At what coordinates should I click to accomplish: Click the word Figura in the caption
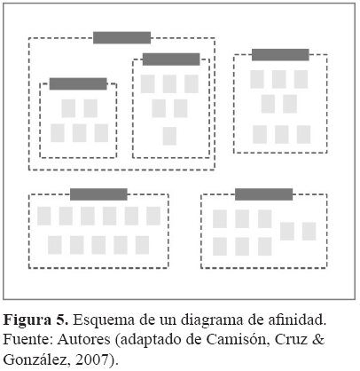pyautogui.click(x=27, y=320)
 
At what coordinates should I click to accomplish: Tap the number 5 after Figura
pyautogui.click(x=61, y=320)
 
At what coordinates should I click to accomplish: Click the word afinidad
pyautogui.click(x=296, y=320)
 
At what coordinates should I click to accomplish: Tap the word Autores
pyautogui.click(x=83, y=339)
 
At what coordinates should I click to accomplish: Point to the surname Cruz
pyautogui.click(x=291, y=339)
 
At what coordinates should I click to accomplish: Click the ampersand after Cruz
pyautogui.click(x=318, y=339)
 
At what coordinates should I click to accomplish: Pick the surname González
pyautogui.click(x=37, y=359)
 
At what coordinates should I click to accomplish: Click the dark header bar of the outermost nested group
pyautogui.click(x=122, y=38)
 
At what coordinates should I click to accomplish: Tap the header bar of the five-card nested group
pyautogui.click(x=78, y=83)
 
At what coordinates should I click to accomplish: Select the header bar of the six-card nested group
pyautogui.click(x=171, y=59)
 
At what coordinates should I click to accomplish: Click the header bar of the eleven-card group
pyautogui.click(x=98, y=194)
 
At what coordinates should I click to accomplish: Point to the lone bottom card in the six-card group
pyautogui.click(x=169, y=136)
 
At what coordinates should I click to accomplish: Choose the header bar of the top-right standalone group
pyautogui.click(x=280, y=55)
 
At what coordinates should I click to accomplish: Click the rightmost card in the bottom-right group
pyautogui.click(x=309, y=232)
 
